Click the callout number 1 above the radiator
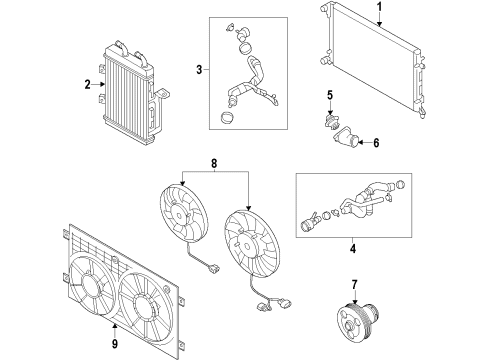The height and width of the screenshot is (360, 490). click(x=379, y=7)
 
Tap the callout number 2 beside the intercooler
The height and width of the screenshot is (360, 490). click(x=87, y=85)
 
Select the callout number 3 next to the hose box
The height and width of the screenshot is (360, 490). click(x=199, y=70)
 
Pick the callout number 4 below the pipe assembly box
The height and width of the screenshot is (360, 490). click(x=353, y=249)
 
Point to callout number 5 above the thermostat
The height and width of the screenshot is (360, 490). click(x=330, y=95)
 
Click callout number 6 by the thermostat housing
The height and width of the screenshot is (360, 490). click(x=376, y=143)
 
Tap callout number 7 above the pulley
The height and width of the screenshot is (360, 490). click(x=354, y=285)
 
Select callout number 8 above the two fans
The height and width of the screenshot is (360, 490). click(x=214, y=164)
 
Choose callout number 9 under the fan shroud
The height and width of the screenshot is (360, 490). click(x=115, y=344)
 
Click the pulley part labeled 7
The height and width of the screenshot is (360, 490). click(x=357, y=318)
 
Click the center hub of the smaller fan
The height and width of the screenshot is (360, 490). click(x=180, y=215)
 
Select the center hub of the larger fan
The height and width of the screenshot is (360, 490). click(x=247, y=247)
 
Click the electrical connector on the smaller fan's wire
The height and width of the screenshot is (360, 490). click(x=214, y=268)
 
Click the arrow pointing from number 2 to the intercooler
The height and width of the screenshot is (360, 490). click(x=99, y=85)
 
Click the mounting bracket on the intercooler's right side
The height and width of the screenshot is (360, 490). click(x=162, y=94)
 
